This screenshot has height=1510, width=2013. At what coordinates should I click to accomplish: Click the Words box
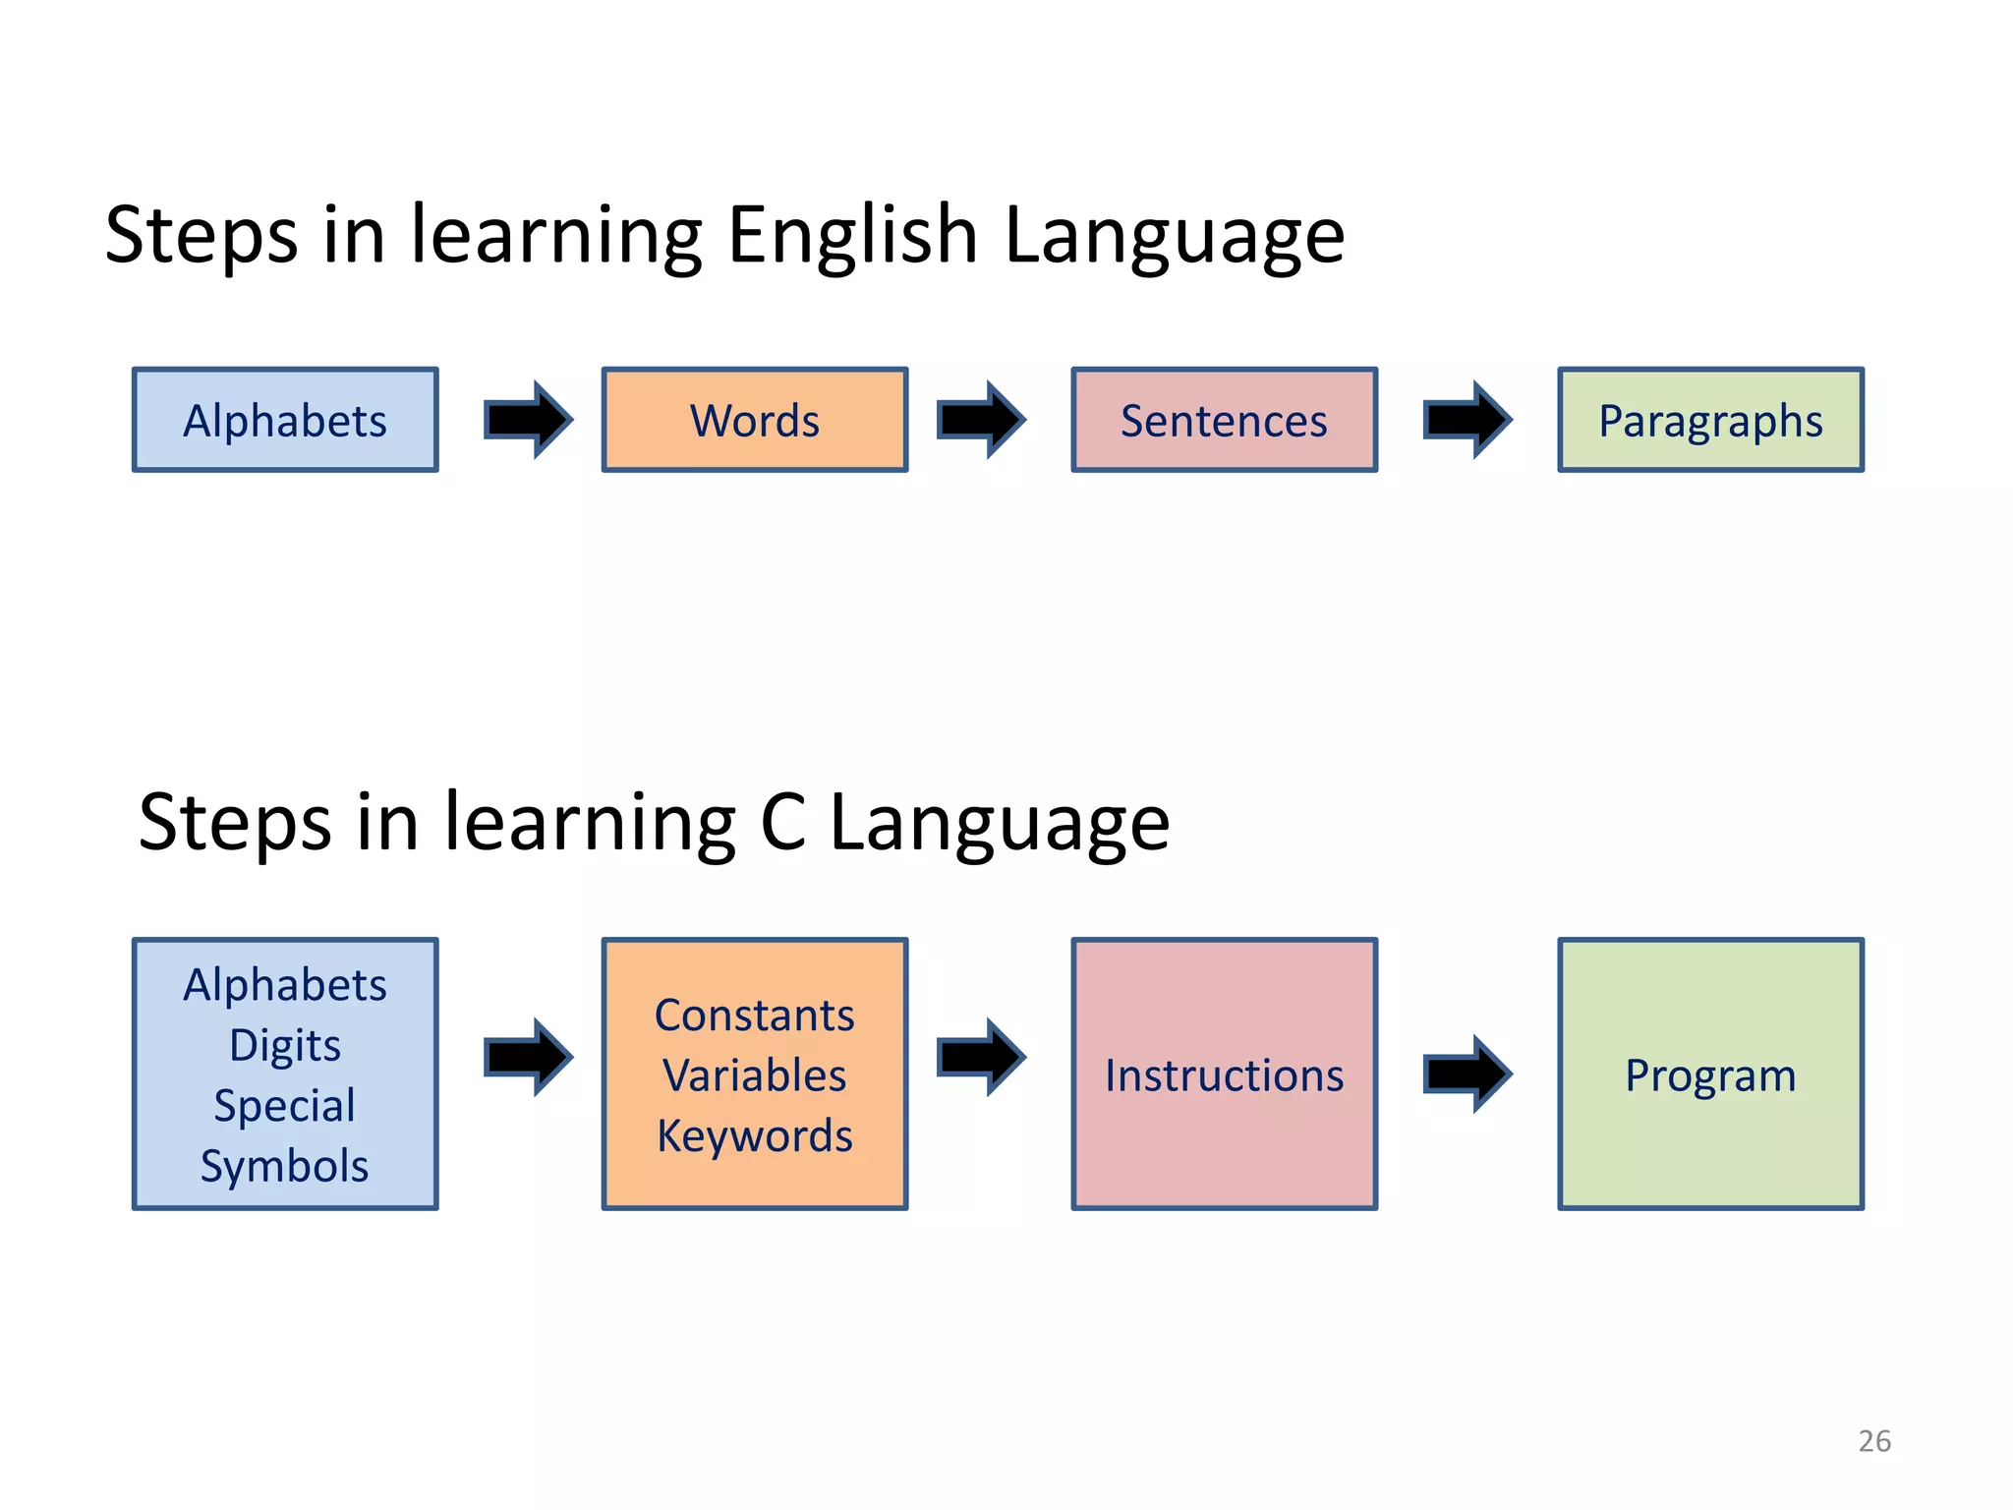pyautogui.click(x=754, y=420)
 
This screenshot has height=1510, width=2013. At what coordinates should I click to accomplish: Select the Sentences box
pyautogui.click(x=1224, y=420)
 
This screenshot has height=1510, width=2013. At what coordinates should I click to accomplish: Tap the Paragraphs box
pyautogui.click(x=1710, y=420)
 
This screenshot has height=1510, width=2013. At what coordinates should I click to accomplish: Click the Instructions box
pyautogui.click(x=1224, y=1074)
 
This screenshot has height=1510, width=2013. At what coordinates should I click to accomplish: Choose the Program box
pyautogui.click(x=1710, y=1074)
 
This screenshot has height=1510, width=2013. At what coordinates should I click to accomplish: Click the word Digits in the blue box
pyautogui.click(x=285, y=1045)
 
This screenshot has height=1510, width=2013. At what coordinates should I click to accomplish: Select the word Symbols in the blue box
pyautogui.click(x=285, y=1166)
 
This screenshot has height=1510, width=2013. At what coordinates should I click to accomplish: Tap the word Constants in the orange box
pyautogui.click(x=754, y=1015)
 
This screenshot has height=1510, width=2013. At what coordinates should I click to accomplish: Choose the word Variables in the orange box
pyautogui.click(x=754, y=1074)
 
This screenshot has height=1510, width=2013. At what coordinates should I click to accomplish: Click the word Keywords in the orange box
pyautogui.click(x=754, y=1135)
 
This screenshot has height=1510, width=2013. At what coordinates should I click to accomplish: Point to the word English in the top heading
pyautogui.click(x=852, y=236)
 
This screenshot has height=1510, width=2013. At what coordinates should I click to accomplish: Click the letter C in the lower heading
pyautogui.click(x=782, y=822)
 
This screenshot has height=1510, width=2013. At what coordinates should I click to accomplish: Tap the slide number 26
pyautogui.click(x=1874, y=1440)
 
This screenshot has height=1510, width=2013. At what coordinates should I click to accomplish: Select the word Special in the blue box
pyautogui.click(x=285, y=1106)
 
